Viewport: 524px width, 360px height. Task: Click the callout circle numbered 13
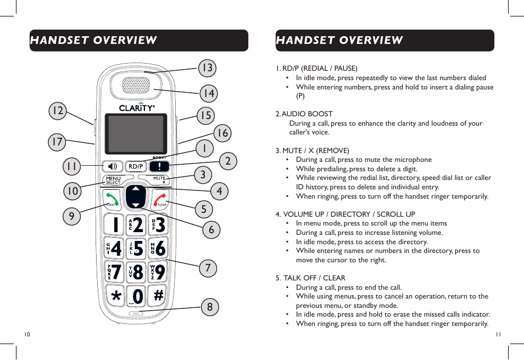207,68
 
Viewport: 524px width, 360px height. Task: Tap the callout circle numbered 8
209,307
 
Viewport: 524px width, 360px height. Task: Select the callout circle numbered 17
57,142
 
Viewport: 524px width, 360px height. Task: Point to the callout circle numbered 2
227,161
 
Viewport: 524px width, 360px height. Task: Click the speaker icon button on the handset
113,166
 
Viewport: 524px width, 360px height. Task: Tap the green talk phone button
112,199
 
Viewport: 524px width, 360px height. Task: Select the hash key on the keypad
158,295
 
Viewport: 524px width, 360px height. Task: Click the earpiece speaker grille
135,85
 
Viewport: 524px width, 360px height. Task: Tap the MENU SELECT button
113,180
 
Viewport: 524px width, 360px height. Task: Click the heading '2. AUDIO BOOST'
304,114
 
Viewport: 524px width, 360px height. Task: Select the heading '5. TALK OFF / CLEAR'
311,278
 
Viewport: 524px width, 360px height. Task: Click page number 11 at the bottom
499,334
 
